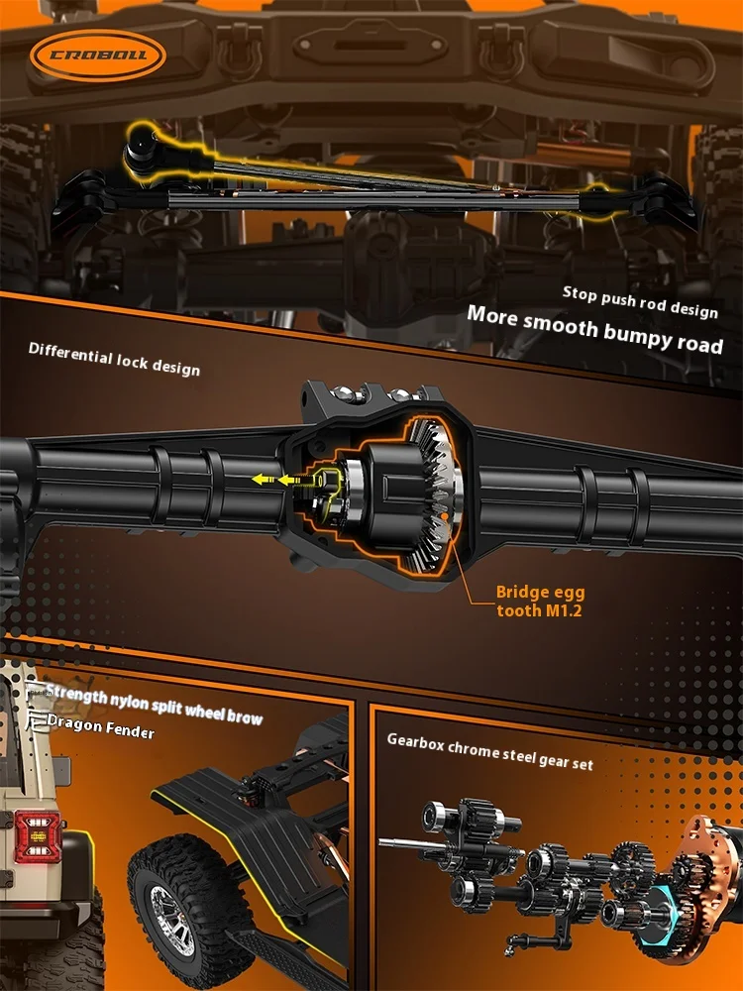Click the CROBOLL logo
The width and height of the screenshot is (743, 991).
(x=97, y=52)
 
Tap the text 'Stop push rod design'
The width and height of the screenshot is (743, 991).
(x=640, y=301)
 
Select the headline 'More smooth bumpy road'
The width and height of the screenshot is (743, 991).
(x=594, y=330)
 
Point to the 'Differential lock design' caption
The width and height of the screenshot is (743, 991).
(x=114, y=359)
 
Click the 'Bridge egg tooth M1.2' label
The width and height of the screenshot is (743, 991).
(x=539, y=602)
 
